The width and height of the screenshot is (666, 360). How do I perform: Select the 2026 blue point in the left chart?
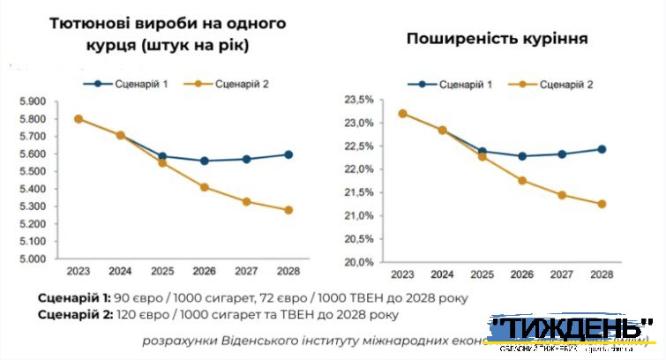(x=205, y=161)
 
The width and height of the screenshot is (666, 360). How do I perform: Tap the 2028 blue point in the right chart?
(x=602, y=149)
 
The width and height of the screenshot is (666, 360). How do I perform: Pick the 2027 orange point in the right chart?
(x=561, y=195)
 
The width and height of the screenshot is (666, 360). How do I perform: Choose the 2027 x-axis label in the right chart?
(x=561, y=274)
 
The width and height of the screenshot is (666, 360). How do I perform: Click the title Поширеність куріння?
(x=497, y=39)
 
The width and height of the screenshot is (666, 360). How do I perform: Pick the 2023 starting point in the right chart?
(x=402, y=113)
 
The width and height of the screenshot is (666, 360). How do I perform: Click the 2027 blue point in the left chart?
(x=246, y=159)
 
